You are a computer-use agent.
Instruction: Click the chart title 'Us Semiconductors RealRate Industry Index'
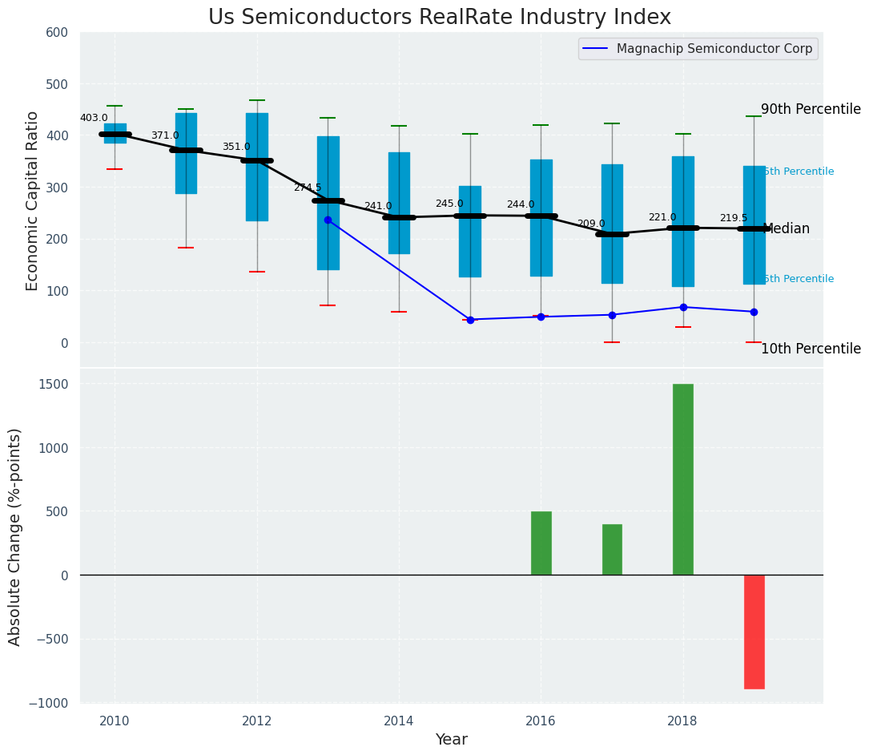(439, 17)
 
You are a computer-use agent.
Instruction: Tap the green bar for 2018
(682, 479)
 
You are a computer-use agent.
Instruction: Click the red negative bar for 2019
(754, 632)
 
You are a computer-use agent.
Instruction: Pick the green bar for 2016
(541, 543)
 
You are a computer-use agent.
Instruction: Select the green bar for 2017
(612, 549)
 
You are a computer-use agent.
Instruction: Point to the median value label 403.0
(94, 118)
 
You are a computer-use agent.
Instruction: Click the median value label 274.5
(307, 188)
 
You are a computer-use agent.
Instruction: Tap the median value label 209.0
(591, 224)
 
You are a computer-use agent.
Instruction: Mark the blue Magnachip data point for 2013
(328, 220)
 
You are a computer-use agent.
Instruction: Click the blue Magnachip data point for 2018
(683, 307)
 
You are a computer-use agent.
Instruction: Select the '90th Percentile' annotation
(810, 110)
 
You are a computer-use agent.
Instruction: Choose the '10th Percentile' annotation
(810, 349)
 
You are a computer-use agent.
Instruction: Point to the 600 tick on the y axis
(63, 33)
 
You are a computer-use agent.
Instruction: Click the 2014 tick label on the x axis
(399, 721)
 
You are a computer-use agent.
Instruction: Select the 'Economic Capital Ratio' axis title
(33, 200)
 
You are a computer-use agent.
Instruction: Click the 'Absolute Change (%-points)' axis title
(15, 536)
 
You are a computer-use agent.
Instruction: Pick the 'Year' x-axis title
(451, 740)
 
